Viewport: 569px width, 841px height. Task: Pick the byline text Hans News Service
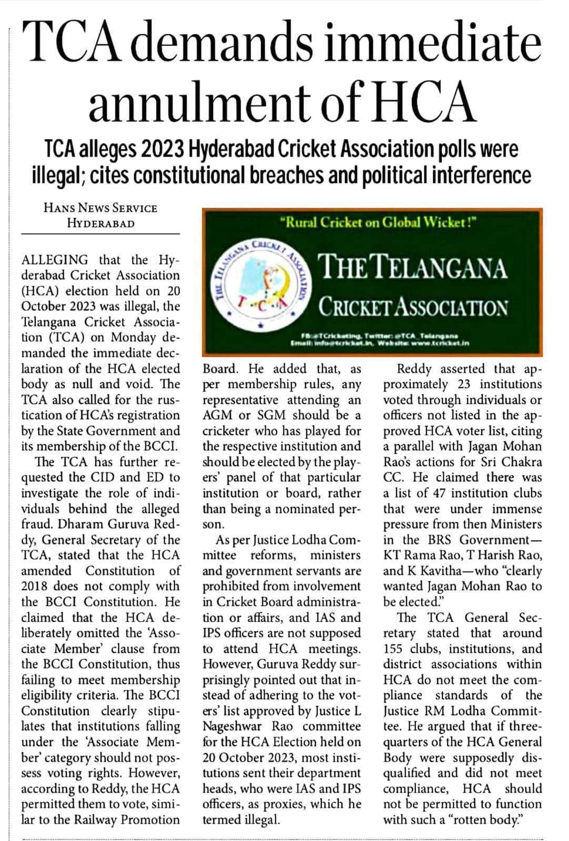[x=100, y=208]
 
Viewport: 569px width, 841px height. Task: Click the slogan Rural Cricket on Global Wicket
[x=379, y=222]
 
